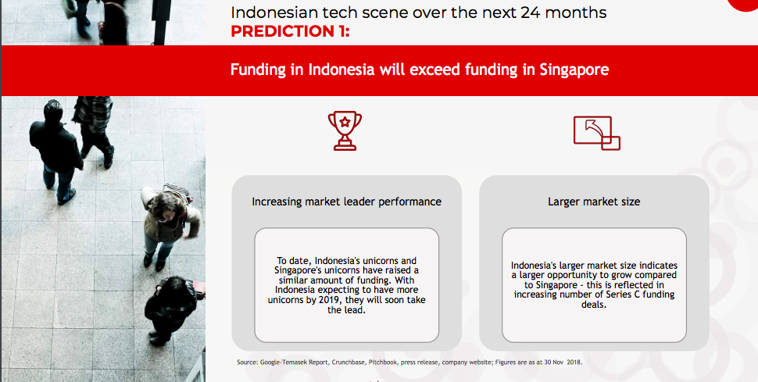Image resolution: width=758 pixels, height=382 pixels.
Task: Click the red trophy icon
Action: (x=345, y=130)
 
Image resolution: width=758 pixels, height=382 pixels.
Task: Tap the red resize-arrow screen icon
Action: (x=596, y=133)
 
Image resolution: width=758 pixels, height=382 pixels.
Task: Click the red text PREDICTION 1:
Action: (x=290, y=31)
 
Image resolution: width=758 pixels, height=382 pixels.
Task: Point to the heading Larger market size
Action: (x=594, y=202)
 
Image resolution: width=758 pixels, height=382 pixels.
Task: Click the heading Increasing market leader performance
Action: (x=347, y=202)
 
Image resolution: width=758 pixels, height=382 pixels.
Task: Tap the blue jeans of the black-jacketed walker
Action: (x=58, y=181)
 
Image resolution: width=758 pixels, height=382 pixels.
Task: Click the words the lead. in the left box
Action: (x=346, y=310)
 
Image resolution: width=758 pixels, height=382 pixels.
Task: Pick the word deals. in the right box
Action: (x=594, y=305)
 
